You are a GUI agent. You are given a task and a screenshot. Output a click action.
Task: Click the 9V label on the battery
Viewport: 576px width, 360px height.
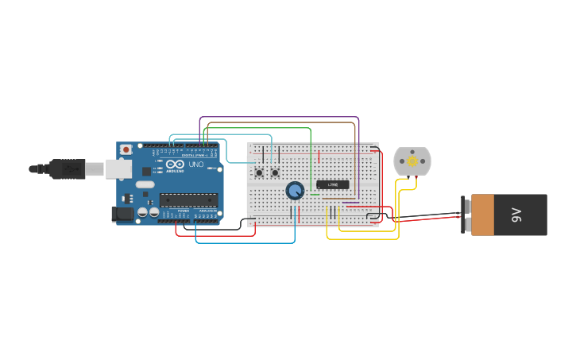coord(516,215)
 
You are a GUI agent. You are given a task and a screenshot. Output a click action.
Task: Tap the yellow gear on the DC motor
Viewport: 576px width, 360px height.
coord(412,161)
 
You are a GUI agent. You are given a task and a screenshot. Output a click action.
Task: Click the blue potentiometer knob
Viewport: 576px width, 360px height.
coord(295,191)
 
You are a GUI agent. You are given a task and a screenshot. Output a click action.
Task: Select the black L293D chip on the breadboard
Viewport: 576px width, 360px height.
coord(333,185)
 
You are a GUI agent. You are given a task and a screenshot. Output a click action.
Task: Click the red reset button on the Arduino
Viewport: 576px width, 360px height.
coord(126,149)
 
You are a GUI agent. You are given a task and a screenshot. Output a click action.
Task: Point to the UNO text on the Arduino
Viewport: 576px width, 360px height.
coord(195,165)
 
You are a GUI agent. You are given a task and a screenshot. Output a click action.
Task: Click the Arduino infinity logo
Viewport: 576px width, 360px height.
coord(176,165)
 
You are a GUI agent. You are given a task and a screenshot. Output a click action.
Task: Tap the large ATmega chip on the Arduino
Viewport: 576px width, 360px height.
coord(188,199)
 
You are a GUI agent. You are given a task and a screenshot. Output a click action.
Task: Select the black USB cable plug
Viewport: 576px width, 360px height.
coord(67,168)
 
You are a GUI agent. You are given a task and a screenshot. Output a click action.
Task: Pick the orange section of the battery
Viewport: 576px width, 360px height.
coord(482,215)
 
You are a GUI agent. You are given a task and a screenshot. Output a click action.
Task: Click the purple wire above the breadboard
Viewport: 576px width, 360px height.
coord(278,118)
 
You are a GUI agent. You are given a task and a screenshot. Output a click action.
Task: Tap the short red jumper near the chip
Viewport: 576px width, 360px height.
coord(319,158)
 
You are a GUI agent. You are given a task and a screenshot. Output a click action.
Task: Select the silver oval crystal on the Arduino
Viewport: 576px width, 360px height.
coord(145,184)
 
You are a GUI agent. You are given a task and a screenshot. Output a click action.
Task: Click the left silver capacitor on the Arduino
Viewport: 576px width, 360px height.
coord(142,212)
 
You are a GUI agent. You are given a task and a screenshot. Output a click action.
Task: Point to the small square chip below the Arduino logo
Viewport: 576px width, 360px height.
coord(146,171)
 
